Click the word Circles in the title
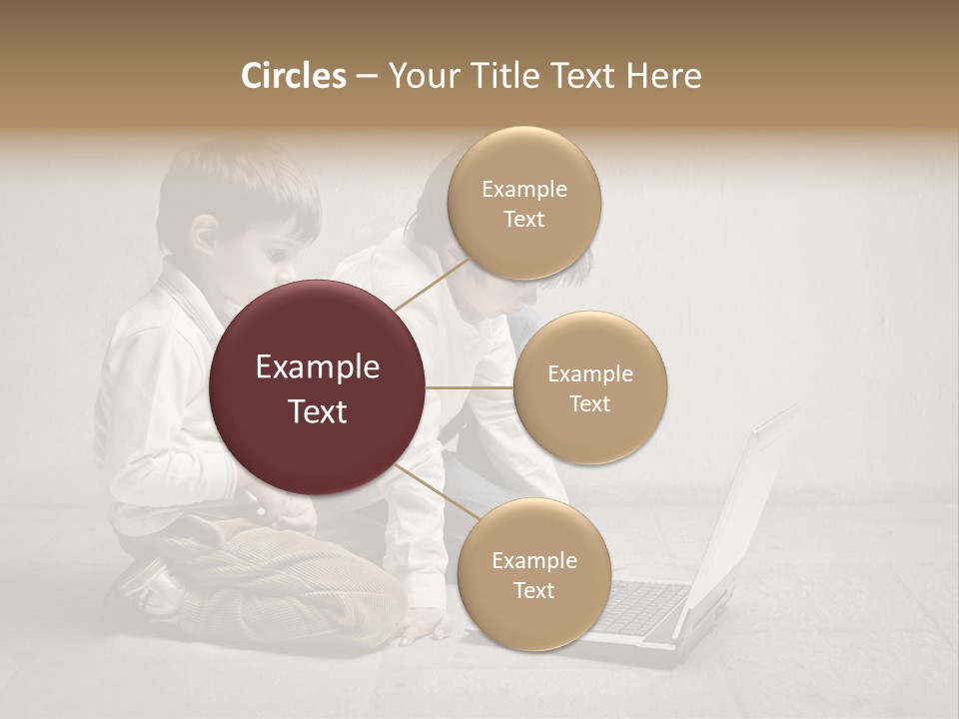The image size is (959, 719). pyautogui.click(x=293, y=76)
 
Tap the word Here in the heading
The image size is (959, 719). pyautogui.click(x=663, y=76)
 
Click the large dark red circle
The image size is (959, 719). pyautogui.click(x=318, y=388)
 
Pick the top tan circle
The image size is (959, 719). pyautogui.click(x=523, y=204)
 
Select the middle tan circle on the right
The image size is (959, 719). pyautogui.click(x=589, y=387)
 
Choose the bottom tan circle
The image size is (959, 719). pyautogui.click(x=533, y=574)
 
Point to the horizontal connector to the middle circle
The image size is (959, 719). pyautogui.click(x=470, y=387)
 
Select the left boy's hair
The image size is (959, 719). pyautogui.click(x=240, y=185)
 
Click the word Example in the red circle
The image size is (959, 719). pyautogui.click(x=318, y=367)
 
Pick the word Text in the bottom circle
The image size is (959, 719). pyautogui.click(x=533, y=591)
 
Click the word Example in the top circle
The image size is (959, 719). pyautogui.click(x=523, y=190)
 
